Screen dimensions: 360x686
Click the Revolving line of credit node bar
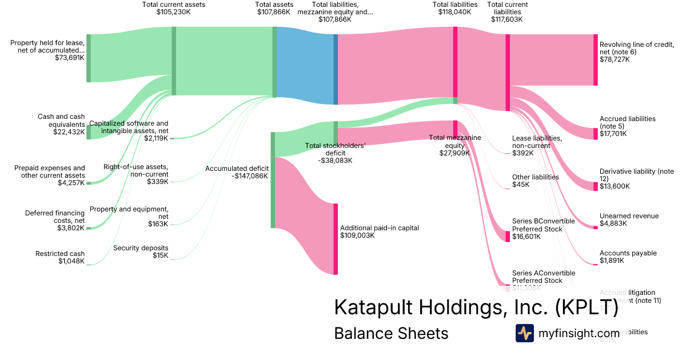click(x=595, y=60)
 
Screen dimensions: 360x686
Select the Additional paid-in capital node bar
click(x=336, y=238)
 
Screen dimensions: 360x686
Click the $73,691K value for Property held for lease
click(x=70, y=58)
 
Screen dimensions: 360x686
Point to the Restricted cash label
click(x=60, y=257)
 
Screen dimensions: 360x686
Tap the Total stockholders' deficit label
click(x=335, y=153)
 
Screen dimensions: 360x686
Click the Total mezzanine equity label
click(x=454, y=145)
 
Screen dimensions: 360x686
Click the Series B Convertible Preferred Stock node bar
click(x=507, y=236)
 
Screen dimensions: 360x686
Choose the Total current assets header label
click(x=173, y=8)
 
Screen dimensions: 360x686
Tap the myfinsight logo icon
click(x=524, y=333)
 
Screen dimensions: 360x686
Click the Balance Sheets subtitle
click(x=391, y=334)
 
